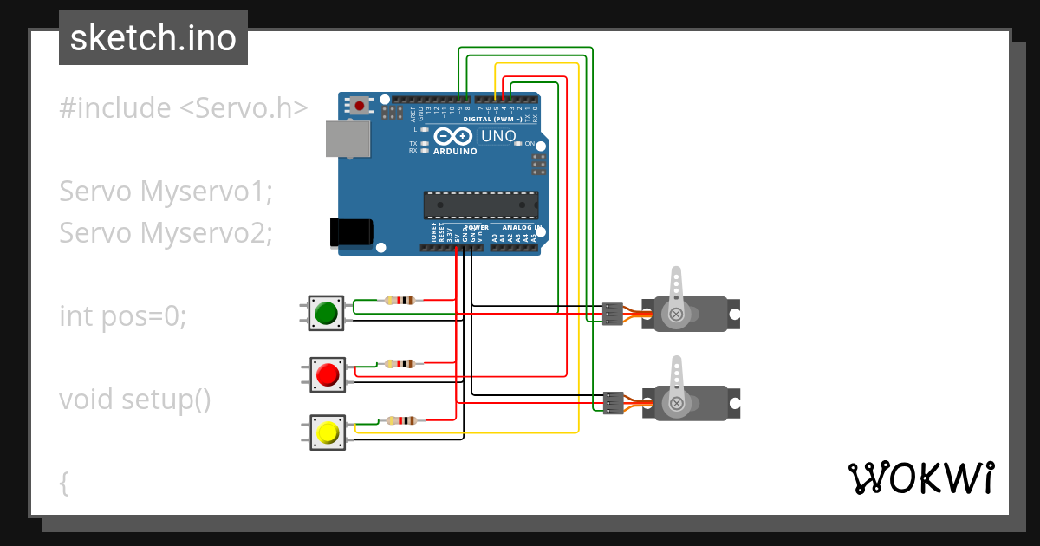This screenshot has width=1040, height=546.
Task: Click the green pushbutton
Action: pyautogui.click(x=327, y=313)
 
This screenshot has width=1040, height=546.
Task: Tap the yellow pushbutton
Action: pyautogui.click(x=328, y=432)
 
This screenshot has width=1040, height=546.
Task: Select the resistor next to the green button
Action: pyautogui.click(x=400, y=301)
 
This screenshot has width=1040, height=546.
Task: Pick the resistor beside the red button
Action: pyautogui.click(x=400, y=364)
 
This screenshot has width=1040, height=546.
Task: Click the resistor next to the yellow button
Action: pyautogui.click(x=400, y=420)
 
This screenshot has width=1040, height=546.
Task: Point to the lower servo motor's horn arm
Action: pyautogui.click(x=677, y=381)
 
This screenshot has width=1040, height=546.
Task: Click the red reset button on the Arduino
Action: pyautogui.click(x=359, y=106)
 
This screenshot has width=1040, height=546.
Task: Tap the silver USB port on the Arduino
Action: pyautogui.click(x=348, y=139)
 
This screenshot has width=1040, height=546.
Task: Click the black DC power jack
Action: pyautogui.click(x=351, y=232)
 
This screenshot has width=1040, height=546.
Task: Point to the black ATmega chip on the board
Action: pyautogui.click(x=480, y=205)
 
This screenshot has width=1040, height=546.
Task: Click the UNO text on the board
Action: pyautogui.click(x=498, y=136)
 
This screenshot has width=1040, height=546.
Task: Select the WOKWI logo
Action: pyautogui.click(x=920, y=478)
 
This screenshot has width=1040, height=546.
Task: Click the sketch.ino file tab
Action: pyautogui.click(x=153, y=38)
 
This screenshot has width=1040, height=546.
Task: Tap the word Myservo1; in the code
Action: pyautogui.click(x=206, y=192)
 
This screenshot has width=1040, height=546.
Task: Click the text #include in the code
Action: pyautogui.click(x=115, y=108)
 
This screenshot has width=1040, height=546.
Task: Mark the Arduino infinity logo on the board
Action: pyautogui.click(x=453, y=136)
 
